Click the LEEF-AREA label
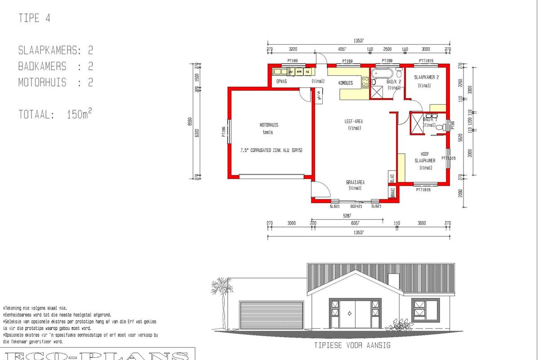[x=354, y=121]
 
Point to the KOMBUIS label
[x=346, y=83]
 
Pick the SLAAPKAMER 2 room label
[x=426, y=77]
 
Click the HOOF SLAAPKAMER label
[x=425, y=157]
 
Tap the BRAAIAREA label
[x=355, y=182]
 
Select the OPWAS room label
[x=282, y=81]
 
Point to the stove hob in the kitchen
[x=365, y=82]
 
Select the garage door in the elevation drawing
[x=271, y=315]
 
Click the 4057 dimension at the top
[x=342, y=49]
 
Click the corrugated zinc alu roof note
[x=271, y=150]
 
